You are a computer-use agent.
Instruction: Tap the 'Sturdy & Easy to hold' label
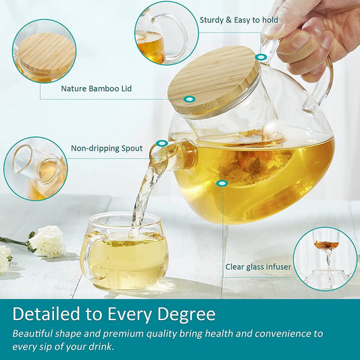click(238, 20)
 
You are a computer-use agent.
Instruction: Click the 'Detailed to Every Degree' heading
click(114, 314)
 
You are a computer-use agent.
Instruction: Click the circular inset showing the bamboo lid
click(44, 51)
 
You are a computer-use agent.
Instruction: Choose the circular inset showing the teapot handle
click(161, 34)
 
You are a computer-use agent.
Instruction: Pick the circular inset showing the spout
click(35, 169)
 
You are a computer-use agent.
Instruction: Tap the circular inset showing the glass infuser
click(326, 259)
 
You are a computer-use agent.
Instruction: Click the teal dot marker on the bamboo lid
click(190, 99)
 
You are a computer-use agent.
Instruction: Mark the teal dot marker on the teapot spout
click(161, 144)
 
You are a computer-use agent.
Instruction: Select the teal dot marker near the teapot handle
click(261, 57)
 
